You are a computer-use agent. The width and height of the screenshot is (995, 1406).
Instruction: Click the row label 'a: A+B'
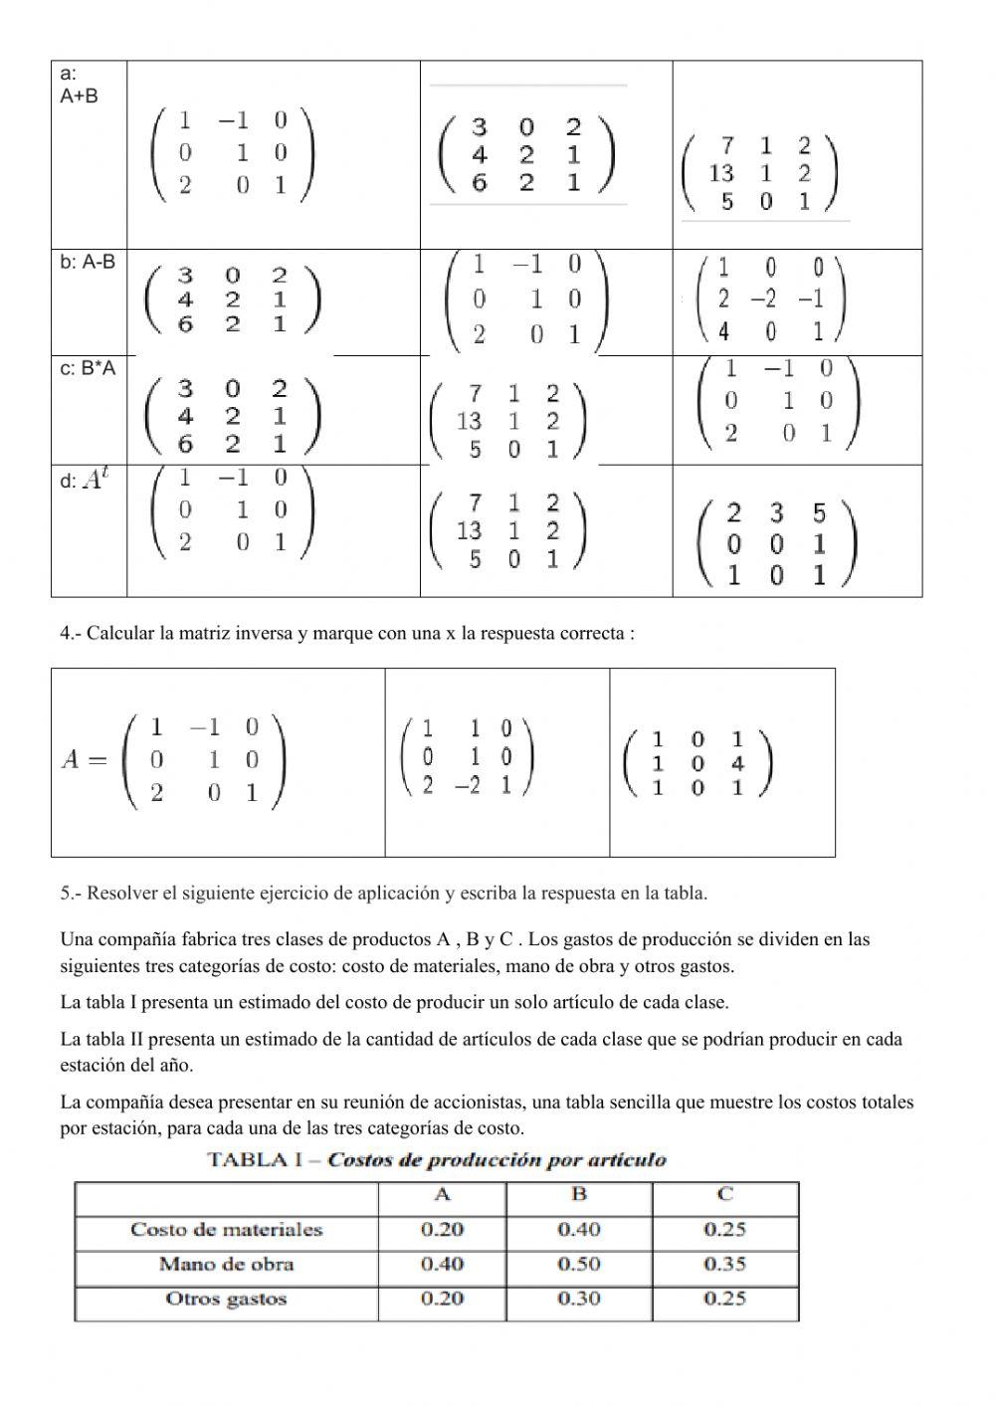coord(79,86)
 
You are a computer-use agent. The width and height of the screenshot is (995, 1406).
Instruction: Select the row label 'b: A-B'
coord(88,262)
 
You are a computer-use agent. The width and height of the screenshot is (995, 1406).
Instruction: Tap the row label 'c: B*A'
coord(88,368)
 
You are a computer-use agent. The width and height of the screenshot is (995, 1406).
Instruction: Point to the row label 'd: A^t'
coord(85,481)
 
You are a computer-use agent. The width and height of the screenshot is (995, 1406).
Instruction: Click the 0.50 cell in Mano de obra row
coord(579,1264)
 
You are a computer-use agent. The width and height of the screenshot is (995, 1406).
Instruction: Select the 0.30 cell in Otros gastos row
coord(579,1299)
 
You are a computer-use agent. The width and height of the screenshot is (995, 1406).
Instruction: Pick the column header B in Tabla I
coord(579,1195)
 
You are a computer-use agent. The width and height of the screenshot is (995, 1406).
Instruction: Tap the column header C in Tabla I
coord(725,1195)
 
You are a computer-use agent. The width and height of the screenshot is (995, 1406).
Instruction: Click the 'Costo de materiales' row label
coord(226,1230)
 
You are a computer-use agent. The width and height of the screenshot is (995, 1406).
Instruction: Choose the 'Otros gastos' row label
coord(226,1299)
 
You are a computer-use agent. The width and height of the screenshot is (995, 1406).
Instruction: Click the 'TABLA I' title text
coord(263,1160)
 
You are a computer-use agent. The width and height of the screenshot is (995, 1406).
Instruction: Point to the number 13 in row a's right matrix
coord(721,173)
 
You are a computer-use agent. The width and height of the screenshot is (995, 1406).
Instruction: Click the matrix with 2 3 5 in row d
coord(777,544)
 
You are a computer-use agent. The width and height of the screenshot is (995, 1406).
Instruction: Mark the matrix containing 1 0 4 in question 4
coord(696,763)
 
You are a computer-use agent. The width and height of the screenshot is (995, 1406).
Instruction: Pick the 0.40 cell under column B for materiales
coord(579,1230)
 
